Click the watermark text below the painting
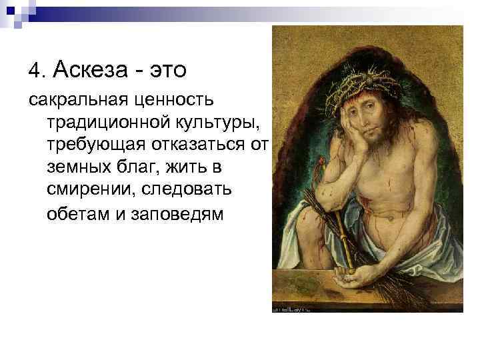[294, 309]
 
